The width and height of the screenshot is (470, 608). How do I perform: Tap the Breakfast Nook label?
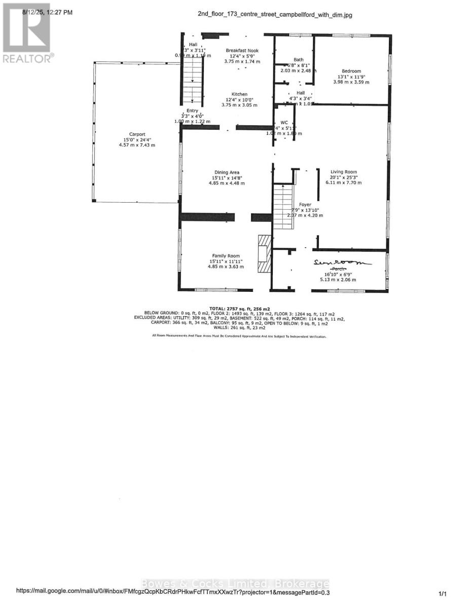pos(242,51)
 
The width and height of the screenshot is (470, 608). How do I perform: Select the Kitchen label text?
pos(239,94)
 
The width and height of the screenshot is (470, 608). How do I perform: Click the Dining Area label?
pos(226,172)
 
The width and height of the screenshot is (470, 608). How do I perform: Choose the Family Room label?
pos(226,256)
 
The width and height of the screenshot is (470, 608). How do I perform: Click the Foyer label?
pos(305,205)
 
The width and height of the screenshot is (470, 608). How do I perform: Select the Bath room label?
pos(299,60)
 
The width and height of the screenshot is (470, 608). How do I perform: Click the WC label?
pos(284,123)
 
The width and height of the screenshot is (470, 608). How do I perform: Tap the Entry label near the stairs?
pos(192,110)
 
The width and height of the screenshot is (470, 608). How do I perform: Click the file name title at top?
pos(274,15)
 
